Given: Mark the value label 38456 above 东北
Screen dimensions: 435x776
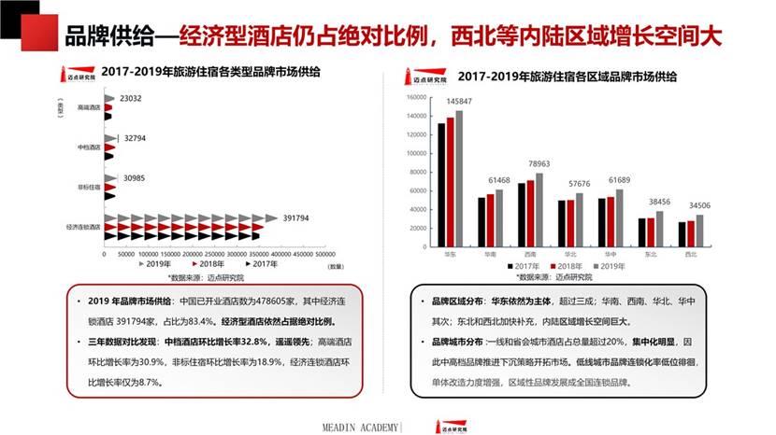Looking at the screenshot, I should tap(660, 202).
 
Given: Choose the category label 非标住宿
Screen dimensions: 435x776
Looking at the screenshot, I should tap(89, 188).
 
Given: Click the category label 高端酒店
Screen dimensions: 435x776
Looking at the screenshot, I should tap(89, 107).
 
